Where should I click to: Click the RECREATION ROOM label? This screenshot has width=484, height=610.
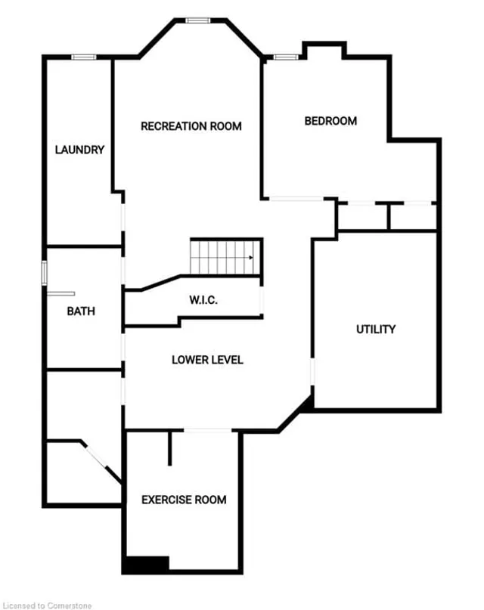point(191,126)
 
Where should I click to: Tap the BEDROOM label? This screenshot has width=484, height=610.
point(330,121)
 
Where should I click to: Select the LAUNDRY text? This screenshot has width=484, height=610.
point(79,150)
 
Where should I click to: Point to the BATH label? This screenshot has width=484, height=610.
point(81,311)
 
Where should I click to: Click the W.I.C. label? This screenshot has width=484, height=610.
point(203,300)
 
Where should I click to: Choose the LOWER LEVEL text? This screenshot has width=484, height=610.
point(207,360)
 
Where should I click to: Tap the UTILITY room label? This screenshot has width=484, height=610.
point(376,329)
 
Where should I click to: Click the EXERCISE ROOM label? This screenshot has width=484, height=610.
point(184,500)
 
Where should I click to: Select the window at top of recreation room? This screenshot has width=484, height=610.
point(198,20)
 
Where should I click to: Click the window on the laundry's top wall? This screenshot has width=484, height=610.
point(83,57)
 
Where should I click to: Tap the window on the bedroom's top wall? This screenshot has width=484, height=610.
point(284,57)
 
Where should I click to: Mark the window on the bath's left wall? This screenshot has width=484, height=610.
point(44,271)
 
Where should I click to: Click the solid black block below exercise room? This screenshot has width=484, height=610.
point(145,565)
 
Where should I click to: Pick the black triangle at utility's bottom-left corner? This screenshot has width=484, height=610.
point(306,405)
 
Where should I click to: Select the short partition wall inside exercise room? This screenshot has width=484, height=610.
point(170,447)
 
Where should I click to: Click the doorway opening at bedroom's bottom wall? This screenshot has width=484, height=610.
point(297,199)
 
